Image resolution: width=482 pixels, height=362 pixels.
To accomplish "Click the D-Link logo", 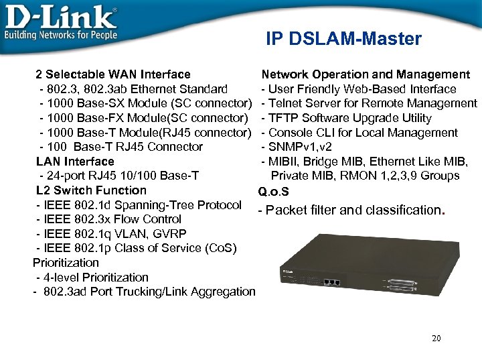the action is (60, 16).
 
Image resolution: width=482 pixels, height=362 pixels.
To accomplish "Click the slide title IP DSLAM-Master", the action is (343, 39).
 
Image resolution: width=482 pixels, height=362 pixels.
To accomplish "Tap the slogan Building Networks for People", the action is (61, 34).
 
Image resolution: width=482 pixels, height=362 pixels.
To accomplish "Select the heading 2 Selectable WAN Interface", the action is (113, 74).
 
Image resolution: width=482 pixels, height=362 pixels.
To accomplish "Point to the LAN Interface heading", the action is (75, 161).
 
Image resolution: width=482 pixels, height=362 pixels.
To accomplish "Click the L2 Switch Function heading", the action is (91, 190).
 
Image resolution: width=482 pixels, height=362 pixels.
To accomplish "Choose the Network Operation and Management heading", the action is (366, 74).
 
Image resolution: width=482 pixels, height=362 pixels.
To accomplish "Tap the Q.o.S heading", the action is (274, 192).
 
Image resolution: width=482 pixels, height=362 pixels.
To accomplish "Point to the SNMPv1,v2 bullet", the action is (301, 147).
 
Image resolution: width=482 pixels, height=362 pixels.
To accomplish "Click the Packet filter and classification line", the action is (351, 210).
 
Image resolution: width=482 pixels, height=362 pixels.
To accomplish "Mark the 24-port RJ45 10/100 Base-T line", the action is (119, 176).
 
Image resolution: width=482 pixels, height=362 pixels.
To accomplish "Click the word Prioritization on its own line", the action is (66, 262).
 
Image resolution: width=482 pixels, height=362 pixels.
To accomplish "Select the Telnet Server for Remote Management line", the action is (370, 103).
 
